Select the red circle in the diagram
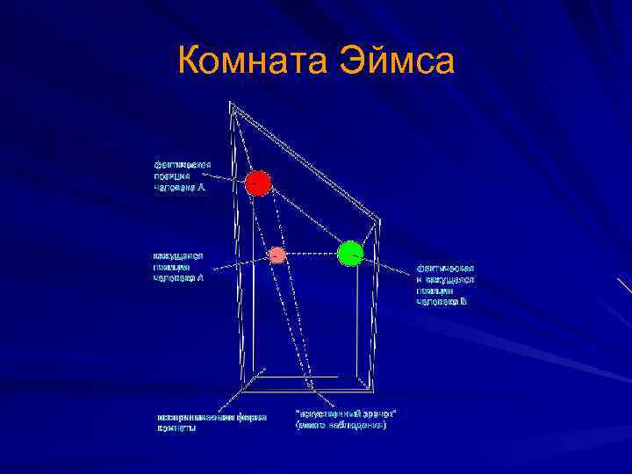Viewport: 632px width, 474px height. coord(257,183)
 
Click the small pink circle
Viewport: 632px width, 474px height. coord(276,255)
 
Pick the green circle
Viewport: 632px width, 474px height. coord(350,253)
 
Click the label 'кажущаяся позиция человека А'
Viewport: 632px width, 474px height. coord(179,266)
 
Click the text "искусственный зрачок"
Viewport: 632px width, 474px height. coord(345,413)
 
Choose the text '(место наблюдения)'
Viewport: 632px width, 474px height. coord(341,425)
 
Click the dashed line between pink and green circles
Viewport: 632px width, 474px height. coord(312,254)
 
